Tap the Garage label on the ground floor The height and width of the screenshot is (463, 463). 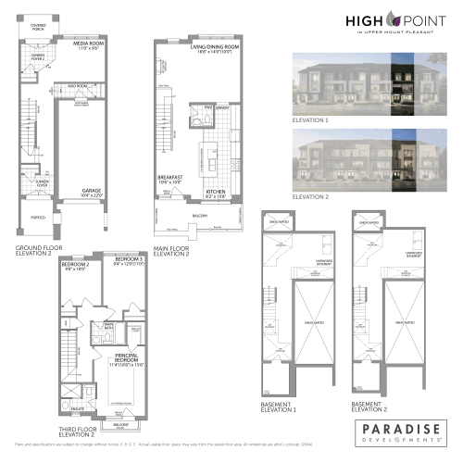[x=90, y=192]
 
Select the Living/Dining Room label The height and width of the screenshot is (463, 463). [x=214, y=47]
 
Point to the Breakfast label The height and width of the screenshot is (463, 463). [x=169, y=179]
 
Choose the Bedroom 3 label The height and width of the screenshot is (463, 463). [x=129, y=257]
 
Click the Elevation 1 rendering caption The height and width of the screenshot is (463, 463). [x=311, y=120]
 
